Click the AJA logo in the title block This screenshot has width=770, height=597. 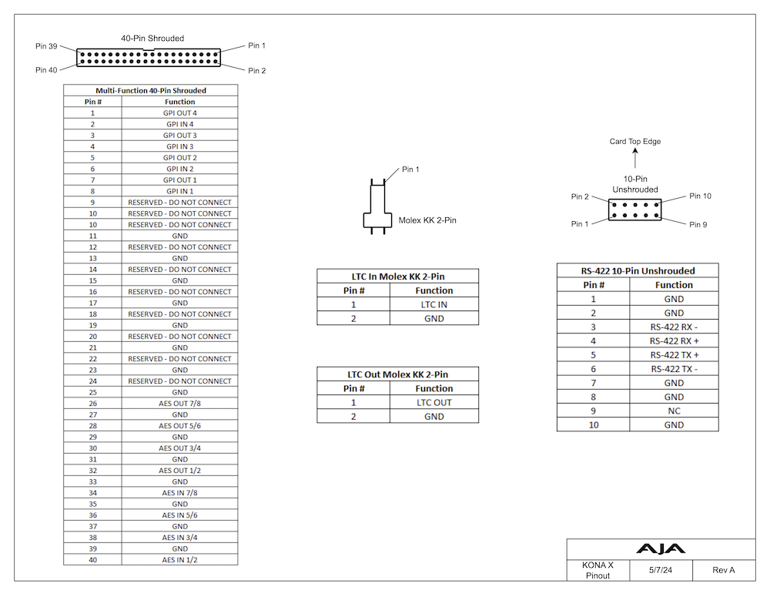661,548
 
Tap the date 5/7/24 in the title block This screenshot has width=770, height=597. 661,570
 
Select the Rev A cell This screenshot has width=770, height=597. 723,570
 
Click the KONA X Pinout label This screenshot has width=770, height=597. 598,571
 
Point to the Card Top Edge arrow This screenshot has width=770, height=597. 635,158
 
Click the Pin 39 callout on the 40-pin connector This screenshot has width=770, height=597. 46,46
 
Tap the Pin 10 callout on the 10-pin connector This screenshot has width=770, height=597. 700,196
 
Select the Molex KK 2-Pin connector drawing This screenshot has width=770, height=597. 377,206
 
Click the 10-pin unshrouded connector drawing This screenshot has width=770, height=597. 634,210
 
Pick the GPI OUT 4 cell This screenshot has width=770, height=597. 179,113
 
